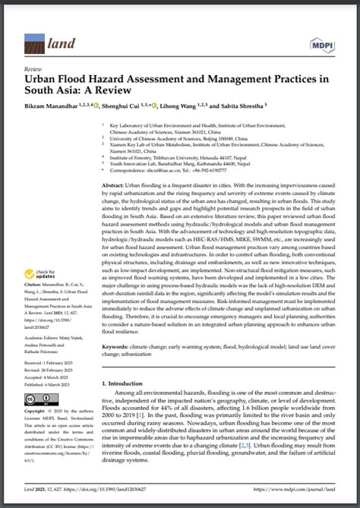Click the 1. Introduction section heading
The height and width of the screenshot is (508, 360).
click(x=131, y=384)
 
